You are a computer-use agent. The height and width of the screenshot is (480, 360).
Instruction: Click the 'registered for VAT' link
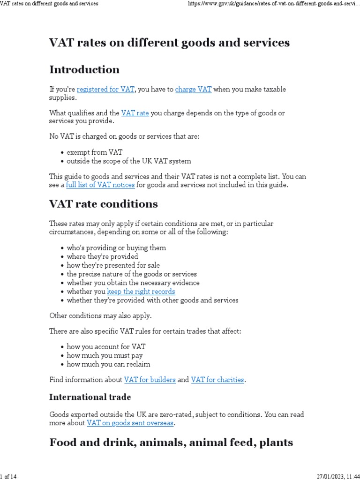coord(106,90)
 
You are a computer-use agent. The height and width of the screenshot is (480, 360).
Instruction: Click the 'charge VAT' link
coord(193,90)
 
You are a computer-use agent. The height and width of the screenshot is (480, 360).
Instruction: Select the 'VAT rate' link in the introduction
coord(135,113)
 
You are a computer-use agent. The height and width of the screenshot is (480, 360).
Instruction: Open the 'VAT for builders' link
coord(150,380)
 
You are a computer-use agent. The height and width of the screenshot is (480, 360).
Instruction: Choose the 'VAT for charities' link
coord(217,380)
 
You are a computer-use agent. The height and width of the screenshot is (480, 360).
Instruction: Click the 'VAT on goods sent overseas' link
coord(130,423)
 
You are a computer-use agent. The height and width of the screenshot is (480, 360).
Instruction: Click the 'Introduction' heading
coord(84,70)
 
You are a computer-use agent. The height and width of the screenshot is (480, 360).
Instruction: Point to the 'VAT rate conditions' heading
coord(104,204)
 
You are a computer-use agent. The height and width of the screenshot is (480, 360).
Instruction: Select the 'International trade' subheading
coord(90,397)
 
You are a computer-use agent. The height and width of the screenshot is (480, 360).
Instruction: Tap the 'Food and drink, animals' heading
coord(171,442)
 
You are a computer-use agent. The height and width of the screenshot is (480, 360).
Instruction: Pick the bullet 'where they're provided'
coord(102,256)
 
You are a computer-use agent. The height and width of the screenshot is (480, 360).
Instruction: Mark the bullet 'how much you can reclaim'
coord(108,364)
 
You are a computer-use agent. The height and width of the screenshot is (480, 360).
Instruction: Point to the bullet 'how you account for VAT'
coord(106,347)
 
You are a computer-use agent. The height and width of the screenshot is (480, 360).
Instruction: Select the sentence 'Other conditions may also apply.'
coord(100,315)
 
